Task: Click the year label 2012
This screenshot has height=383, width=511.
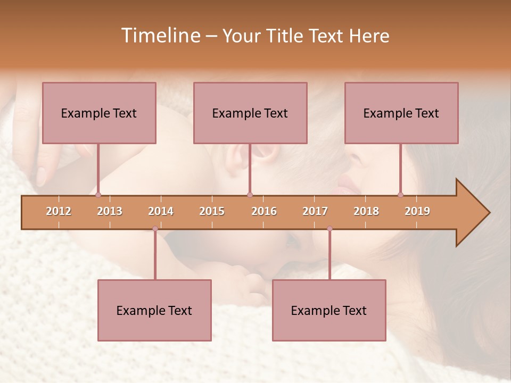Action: (59, 212)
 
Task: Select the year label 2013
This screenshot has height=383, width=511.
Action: (110, 212)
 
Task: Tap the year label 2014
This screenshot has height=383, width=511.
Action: (161, 212)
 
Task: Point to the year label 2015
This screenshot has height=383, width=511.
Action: (212, 212)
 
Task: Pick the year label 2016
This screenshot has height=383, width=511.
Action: (264, 212)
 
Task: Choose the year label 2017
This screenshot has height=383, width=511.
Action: (315, 212)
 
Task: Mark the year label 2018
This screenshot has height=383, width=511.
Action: (366, 212)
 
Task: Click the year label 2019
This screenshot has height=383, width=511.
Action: (417, 212)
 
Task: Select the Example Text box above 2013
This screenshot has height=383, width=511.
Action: (99, 113)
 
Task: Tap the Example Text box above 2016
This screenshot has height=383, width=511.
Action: (250, 113)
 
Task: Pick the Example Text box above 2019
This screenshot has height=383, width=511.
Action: (401, 113)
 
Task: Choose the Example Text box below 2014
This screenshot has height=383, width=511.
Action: (154, 310)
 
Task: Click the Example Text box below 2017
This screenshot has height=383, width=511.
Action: (329, 310)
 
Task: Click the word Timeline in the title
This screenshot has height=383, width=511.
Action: (160, 36)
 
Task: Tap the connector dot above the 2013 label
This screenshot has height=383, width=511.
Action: (98, 195)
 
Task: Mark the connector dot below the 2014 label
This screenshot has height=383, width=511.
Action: (155, 229)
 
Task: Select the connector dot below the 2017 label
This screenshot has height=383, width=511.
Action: (329, 229)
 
